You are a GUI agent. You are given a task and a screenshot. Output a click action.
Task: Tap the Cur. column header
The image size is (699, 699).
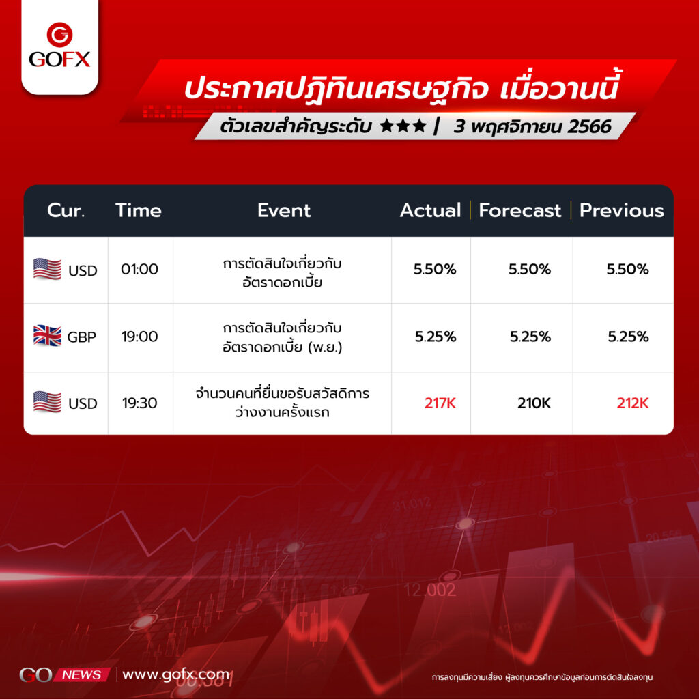coord(66,210)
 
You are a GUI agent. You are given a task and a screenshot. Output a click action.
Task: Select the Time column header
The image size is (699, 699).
coord(138,210)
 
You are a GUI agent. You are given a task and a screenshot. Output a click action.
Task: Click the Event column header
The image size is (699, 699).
coord(283,210)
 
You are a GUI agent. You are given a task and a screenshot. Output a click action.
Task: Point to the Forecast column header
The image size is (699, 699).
coord(519,210)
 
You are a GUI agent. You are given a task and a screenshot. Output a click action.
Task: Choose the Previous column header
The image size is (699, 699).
coord(621,210)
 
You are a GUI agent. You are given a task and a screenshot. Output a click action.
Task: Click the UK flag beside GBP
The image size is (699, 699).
coord(47,336)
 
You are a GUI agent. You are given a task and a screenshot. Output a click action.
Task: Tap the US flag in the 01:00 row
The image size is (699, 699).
coord(47,269)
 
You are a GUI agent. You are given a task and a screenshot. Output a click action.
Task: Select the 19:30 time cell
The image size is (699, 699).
coord(139,403)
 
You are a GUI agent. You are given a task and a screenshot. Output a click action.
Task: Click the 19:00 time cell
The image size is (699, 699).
coord(139,337)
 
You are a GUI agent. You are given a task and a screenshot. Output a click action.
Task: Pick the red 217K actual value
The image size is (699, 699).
coord(440,403)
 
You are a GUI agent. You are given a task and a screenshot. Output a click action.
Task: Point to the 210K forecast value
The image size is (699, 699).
coord(534,403)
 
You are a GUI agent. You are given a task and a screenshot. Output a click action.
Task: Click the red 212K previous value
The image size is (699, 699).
coord(633,403)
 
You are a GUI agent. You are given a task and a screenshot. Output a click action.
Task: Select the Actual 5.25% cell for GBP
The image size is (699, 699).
coord(436,337)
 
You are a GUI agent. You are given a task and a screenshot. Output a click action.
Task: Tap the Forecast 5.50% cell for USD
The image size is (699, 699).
coord(530,269)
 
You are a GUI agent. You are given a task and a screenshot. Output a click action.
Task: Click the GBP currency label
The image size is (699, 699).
coord(82,337)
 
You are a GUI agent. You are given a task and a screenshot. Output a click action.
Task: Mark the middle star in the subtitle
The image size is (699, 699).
coord(403,126)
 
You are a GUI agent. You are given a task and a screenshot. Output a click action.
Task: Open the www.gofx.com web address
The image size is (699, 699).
coord(175,674)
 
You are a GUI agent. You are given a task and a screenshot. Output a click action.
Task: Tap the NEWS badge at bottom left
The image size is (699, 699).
coord(82,674)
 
